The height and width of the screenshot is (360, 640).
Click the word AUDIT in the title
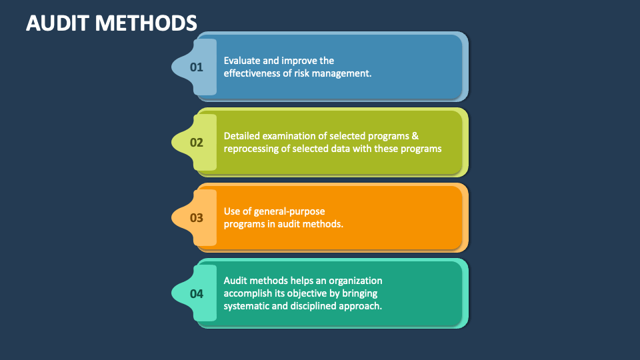57,22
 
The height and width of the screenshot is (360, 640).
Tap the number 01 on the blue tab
196,67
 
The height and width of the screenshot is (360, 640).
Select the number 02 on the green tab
196,142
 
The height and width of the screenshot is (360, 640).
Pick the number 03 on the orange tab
196,217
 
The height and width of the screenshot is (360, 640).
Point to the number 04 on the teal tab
196,293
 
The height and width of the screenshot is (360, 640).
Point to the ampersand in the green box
415,136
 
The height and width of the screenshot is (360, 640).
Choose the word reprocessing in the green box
251,149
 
